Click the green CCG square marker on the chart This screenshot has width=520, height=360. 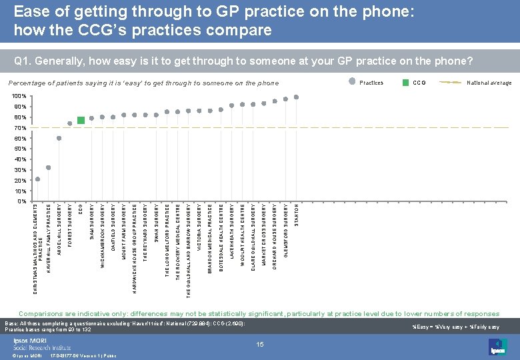click(81, 120)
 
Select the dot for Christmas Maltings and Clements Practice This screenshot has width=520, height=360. click(38, 179)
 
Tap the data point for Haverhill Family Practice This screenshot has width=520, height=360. click(49, 168)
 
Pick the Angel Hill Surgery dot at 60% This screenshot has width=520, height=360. click(59, 138)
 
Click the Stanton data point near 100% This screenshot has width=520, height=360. click(297, 97)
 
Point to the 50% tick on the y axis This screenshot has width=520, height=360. click(19, 149)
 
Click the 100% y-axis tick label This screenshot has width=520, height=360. click(19, 97)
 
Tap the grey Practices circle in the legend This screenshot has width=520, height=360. click(352, 83)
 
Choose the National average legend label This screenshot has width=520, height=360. click(489, 83)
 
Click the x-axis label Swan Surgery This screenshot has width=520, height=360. click(156, 223)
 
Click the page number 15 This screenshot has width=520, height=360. click(260, 344)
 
